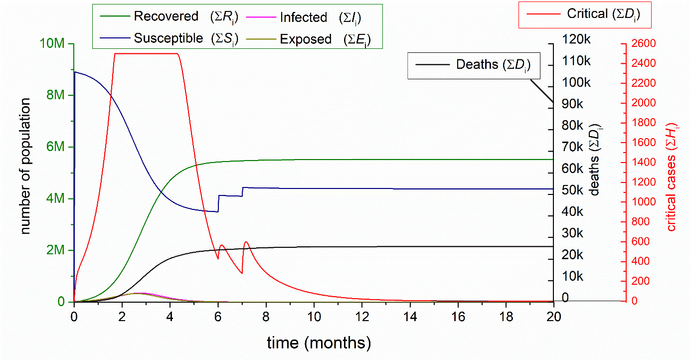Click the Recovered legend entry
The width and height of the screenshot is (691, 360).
(166, 16)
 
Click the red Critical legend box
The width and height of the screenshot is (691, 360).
(585, 14)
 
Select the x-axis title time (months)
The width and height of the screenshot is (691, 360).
(319, 343)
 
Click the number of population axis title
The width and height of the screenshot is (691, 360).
(25, 166)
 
